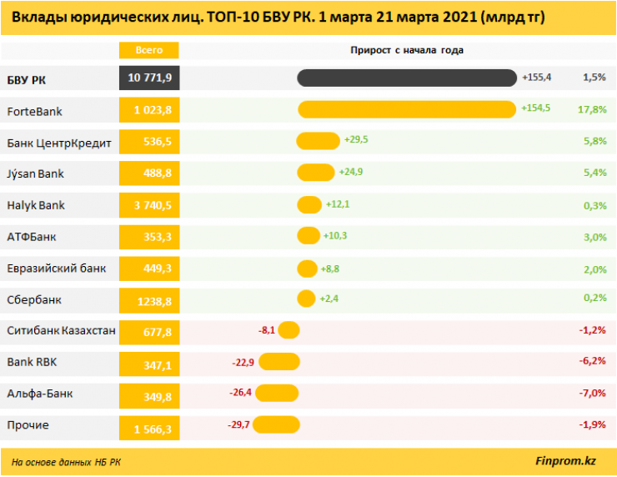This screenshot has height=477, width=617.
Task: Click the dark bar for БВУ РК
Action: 407,78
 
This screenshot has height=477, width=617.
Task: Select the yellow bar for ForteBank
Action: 407,109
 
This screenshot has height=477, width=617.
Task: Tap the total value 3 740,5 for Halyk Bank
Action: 150,205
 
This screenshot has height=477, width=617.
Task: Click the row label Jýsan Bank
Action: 35,173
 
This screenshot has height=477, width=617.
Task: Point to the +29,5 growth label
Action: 356,140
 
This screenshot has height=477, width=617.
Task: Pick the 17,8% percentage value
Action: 591,108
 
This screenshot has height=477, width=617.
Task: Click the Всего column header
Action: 149,50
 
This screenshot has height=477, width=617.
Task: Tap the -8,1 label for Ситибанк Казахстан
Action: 266,329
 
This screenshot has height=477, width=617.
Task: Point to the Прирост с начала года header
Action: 407,50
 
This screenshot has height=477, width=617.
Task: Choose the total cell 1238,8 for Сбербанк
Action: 150,299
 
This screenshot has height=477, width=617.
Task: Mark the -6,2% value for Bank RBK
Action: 591,361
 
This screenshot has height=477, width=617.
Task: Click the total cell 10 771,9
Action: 150,78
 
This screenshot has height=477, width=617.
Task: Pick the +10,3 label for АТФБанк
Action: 336,236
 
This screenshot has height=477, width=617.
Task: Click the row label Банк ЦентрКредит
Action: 58,142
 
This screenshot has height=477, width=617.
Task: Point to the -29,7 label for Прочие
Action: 239,424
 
